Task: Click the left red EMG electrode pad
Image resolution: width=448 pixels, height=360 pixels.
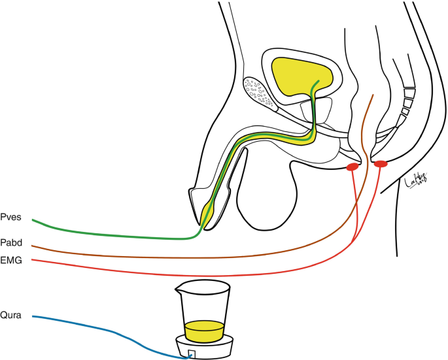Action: (352, 169)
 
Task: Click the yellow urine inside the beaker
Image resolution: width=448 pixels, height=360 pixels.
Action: (205, 330)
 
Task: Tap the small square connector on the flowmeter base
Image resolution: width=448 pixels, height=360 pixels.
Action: (191, 353)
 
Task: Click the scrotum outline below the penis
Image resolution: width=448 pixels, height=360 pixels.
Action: (262, 196)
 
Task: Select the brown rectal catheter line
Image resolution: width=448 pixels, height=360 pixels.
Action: (196, 257)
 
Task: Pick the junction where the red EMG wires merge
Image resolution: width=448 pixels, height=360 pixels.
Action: (353, 243)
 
